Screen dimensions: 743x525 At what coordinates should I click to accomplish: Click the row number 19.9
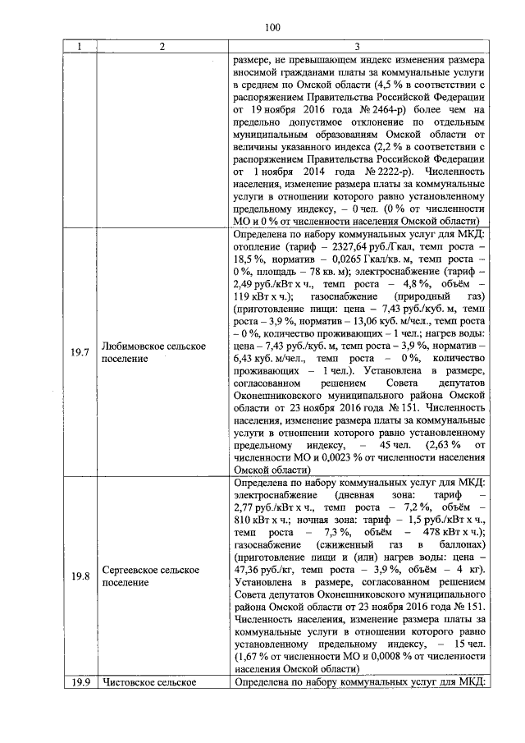[x=80, y=682]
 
